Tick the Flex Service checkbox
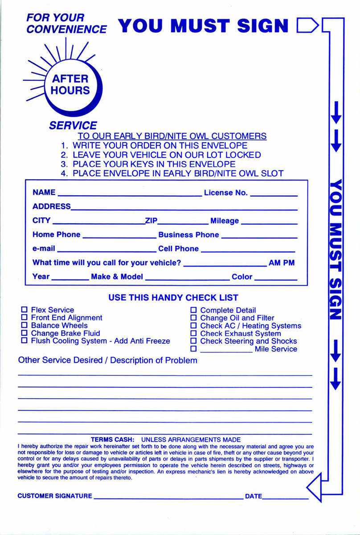click(25, 310)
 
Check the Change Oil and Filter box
click(194, 318)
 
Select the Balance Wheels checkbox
click(25, 325)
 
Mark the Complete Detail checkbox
click(194, 310)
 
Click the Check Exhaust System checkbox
click(194, 333)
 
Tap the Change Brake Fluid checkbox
click(25, 333)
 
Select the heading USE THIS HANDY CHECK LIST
click(173, 297)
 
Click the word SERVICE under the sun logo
click(73, 126)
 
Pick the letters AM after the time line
click(274, 263)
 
